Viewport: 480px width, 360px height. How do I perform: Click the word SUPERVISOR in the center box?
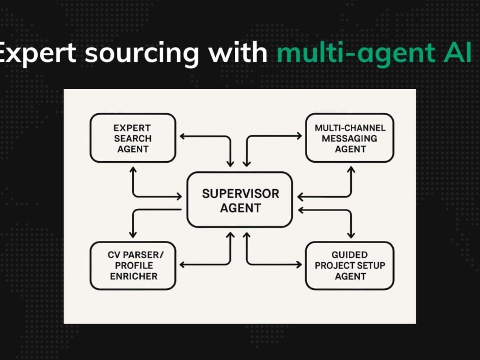click(240, 194)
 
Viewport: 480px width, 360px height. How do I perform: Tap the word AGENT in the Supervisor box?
click(240, 208)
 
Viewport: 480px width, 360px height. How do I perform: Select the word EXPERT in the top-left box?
click(132, 128)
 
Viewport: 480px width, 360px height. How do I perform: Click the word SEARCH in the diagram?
click(132, 138)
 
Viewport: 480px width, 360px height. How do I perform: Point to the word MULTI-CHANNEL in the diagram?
click(350, 128)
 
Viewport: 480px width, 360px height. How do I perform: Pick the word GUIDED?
click(350, 255)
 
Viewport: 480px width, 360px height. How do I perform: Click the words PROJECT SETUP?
click(350, 266)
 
